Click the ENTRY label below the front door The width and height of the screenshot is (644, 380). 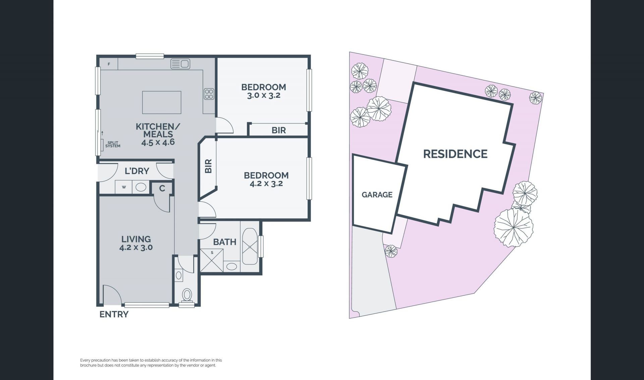[114, 314]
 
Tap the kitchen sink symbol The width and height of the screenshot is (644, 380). [180, 63]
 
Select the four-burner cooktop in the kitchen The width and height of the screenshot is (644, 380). [209, 94]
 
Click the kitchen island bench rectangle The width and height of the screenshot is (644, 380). [162, 102]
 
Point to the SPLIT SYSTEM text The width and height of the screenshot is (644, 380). [113, 144]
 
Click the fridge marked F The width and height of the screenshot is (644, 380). [109, 64]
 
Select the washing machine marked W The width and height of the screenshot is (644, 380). [124, 187]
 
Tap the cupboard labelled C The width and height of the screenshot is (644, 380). [162, 188]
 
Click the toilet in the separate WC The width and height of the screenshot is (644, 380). [187, 295]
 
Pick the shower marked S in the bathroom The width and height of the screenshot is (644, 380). [212, 260]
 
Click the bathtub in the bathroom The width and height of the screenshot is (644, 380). [250, 247]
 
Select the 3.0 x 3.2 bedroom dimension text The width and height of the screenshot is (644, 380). [264, 95]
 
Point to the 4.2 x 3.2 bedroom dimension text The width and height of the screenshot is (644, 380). [266, 184]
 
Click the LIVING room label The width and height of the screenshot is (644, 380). [136, 239]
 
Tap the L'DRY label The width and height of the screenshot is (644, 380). [137, 171]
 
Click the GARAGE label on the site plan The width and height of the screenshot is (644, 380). [377, 195]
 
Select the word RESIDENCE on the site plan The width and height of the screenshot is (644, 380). [455, 154]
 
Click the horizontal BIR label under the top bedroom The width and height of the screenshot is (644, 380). [279, 130]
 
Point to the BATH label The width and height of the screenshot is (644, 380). [225, 242]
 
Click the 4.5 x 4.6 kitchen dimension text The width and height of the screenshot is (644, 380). [158, 142]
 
